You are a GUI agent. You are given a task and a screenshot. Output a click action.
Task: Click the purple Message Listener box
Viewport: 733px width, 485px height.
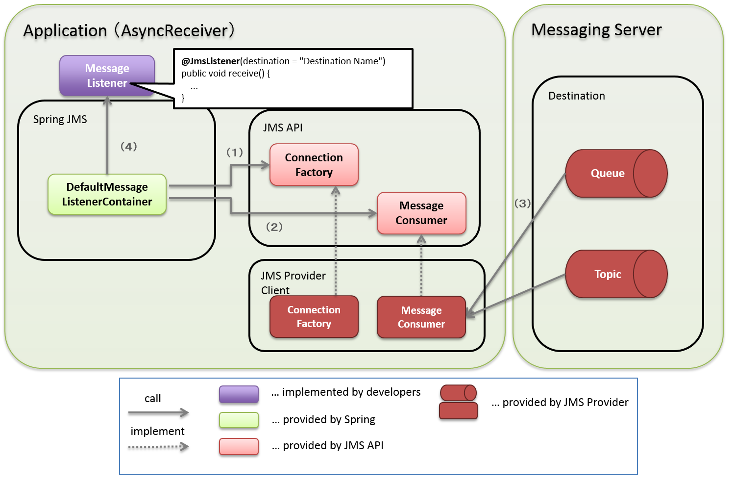coord(107,76)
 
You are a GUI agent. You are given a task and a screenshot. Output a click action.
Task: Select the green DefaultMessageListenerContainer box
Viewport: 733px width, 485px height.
coord(107,194)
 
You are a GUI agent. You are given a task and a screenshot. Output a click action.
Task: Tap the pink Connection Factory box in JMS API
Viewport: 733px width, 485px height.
coord(314,165)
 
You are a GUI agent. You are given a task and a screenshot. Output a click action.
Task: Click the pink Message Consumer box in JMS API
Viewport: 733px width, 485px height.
coord(421,213)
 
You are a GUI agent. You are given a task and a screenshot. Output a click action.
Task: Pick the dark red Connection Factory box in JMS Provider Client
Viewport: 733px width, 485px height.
coord(314,317)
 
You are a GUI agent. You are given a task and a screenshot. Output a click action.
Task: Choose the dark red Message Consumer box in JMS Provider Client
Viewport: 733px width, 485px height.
coord(421,317)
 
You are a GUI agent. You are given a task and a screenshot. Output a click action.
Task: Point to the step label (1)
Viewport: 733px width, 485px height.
coord(235,153)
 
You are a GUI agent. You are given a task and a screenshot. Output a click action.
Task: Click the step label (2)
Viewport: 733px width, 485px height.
coord(274,227)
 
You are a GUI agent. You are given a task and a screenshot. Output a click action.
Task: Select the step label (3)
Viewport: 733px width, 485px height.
coord(522,203)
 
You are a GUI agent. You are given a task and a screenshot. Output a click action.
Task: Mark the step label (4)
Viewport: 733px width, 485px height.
coord(129,146)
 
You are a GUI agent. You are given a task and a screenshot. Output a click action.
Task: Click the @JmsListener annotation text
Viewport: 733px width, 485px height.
coord(210,61)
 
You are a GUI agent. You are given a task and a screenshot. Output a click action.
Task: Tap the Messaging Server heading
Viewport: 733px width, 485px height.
coord(596,30)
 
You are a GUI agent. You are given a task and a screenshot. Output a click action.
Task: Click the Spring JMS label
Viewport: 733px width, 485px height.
coord(60,120)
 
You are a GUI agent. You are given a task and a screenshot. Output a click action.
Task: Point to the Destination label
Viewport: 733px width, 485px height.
coord(576,96)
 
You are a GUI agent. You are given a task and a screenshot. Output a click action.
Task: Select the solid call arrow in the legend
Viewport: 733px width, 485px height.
coord(158,413)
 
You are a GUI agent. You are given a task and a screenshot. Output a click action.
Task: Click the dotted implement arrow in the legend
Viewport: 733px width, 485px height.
coord(158,447)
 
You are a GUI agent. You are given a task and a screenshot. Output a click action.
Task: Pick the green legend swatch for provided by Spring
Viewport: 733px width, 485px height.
coord(239,420)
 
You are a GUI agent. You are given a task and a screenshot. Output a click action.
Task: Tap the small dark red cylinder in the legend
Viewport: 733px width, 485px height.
coord(458,393)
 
